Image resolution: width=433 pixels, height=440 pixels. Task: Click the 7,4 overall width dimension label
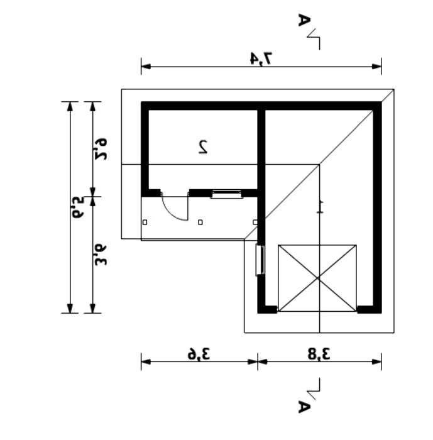pyautogui.click(x=261, y=58)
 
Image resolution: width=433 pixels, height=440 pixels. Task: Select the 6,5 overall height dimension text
pyautogui.click(x=78, y=207)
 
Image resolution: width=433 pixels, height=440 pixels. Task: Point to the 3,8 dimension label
pyautogui.click(x=319, y=354)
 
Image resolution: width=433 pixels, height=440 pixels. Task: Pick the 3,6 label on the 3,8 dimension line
pyautogui.click(x=199, y=354)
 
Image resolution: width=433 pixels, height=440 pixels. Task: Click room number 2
pyautogui.click(x=203, y=146)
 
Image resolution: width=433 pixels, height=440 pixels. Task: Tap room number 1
pyautogui.click(x=320, y=207)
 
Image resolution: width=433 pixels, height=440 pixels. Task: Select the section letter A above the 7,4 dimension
pyautogui.click(x=304, y=19)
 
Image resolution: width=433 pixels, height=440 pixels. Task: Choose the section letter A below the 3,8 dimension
pyautogui.click(x=304, y=407)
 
